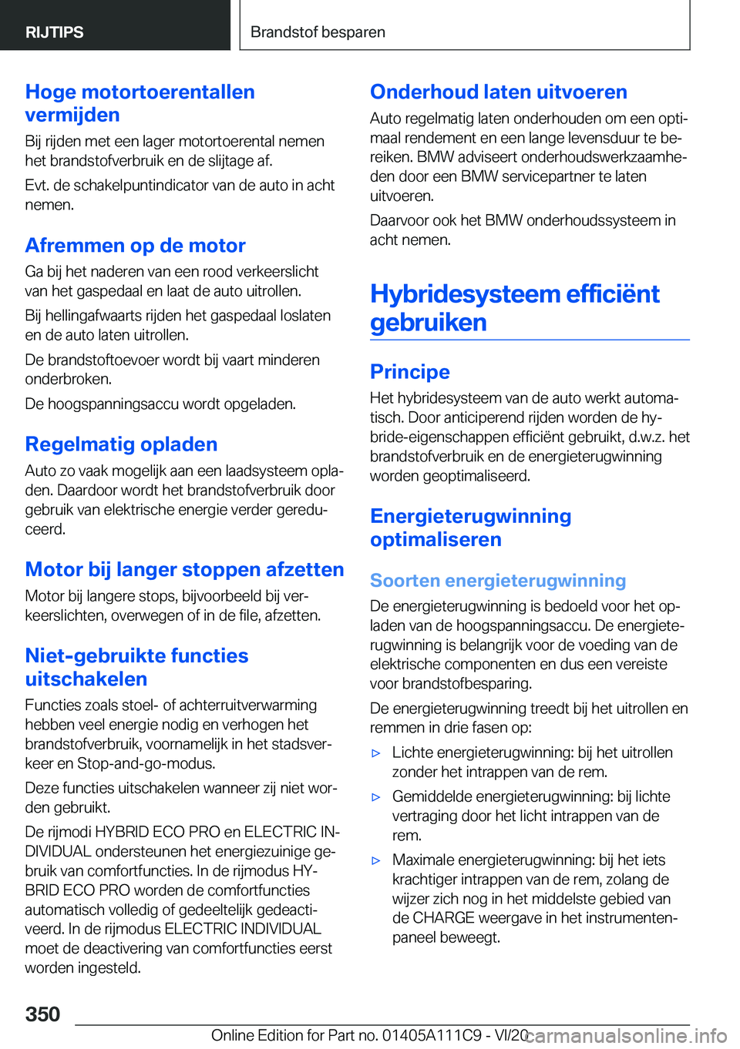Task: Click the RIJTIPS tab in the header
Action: [x=55, y=32]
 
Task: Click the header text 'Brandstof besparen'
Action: [x=318, y=32]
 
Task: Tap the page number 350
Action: [x=42, y=1014]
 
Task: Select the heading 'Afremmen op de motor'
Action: [x=135, y=245]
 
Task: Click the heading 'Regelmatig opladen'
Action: [x=121, y=444]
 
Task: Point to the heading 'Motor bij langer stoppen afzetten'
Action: [x=184, y=569]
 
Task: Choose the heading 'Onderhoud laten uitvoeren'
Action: [x=498, y=92]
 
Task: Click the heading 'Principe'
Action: [x=409, y=371]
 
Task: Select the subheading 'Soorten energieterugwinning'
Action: [x=497, y=580]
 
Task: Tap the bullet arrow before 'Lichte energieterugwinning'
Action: [x=376, y=753]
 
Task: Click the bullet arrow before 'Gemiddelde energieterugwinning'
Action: [x=376, y=797]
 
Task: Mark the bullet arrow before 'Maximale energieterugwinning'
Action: [x=376, y=860]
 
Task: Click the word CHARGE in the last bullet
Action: [x=444, y=918]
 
